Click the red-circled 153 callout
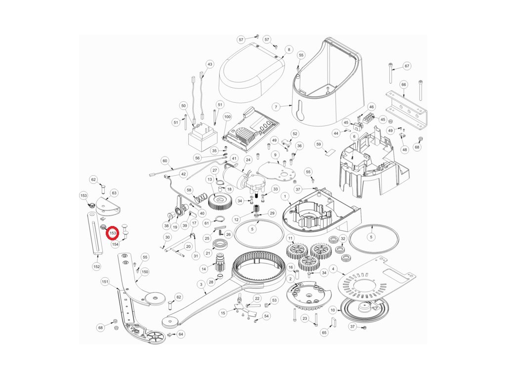coord(113,233)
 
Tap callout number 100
coord(227,116)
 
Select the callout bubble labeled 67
coord(407,66)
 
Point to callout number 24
coord(248,160)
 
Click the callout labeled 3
coord(202,284)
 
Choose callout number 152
coord(96,266)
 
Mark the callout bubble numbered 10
coord(333,310)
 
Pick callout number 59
coord(319,144)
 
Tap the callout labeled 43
coord(210,65)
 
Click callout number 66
coord(403,84)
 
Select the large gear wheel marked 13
coord(220,201)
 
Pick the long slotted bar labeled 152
coord(94,233)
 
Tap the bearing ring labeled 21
coord(220,245)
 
